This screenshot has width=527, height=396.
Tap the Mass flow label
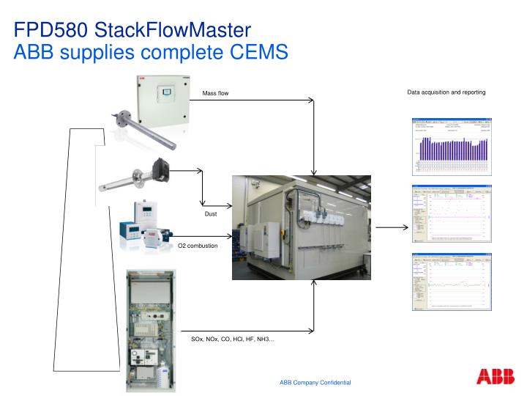[215, 93]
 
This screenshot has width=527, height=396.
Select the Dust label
[211, 213]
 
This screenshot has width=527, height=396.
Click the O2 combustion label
[198, 245]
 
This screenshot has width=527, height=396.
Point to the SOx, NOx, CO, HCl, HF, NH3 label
[233, 339]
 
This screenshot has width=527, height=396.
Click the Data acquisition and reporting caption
[446, 92]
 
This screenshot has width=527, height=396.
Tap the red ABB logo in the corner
[495, 377]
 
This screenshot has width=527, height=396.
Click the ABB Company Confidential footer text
[315, 383]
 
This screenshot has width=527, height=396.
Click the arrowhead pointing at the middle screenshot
[404, 228]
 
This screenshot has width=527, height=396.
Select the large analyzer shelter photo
[301, 227]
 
